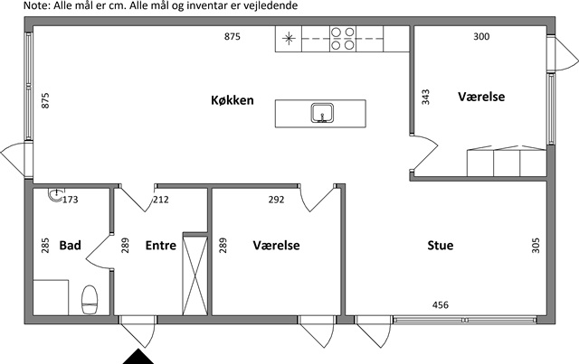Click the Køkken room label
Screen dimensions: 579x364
pyautogui.click(x=233, y=100)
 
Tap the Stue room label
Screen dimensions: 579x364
pyautogui.click(x=441, y=246)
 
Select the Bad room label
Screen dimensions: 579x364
pyautogui.click(x=71, y=246)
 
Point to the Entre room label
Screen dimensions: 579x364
pyautogui.click(x=161, y=246)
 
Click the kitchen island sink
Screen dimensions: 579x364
pyautogui.click(x=322, y=113)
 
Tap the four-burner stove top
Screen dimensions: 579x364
pyautogui.click(x=343, y=39)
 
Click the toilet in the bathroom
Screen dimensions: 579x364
pyautogui.click(x=90, y=300)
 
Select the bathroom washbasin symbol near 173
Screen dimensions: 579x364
pyautogui.click(x=55, y=195)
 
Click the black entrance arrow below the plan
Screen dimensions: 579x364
pyautogui.click(x=138, y=357)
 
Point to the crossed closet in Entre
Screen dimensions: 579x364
pyautogui.click(x=195, y=275)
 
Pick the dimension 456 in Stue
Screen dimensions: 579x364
pyautogui.click(x=441, y=305)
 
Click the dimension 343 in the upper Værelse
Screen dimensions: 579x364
pyautogui.click(x=426, y=97)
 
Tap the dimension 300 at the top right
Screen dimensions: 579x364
pyautogui.click(x=481, y=36)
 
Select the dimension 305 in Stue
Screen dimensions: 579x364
pyautogui.click(x=536, y=246)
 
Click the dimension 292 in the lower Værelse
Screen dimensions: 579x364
pyautogui.click(x=276, y=200)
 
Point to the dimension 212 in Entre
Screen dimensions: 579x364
pyautogui.click(x=161, y=200)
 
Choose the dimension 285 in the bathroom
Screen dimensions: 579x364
pyautogui.click(x=45, y=246)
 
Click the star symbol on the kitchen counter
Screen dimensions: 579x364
pyautogui.click(x=289, y=38)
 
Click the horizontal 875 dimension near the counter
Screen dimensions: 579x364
pyautogui.click(x=233, y=36)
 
